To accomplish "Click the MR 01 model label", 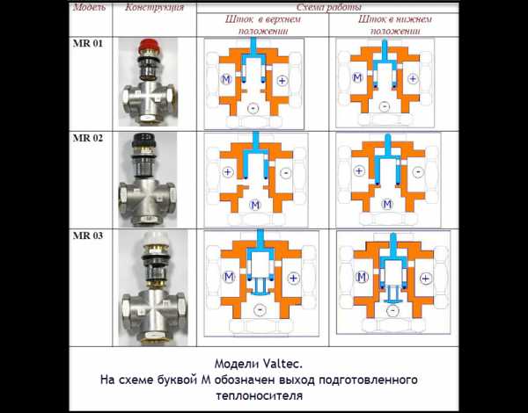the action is [x=87, y=44].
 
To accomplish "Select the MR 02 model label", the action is [x=87, y=138].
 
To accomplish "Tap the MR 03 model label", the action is [x=87, y=235].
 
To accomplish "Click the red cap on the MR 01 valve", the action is [x=147, y=46].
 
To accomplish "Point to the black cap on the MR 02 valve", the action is [x=143, y=140].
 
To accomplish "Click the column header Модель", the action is [x=89, y=7].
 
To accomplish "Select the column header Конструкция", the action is [x=155, y=7].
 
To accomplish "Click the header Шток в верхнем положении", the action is [x=262, y=25].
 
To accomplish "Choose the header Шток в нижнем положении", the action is [x=395, y=25].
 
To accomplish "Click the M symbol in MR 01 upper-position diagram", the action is [x=226, y=79].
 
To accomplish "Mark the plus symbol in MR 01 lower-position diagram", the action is [x=413, y=79].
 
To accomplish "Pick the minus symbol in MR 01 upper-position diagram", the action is [x=253, y=108].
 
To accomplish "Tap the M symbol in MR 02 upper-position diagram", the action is [x=255, y=205].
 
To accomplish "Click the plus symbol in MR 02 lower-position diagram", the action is [x=359, y=170].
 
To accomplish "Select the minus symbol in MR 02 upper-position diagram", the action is [x=285, y=173].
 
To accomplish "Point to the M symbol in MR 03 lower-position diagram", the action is [x=362, y=277].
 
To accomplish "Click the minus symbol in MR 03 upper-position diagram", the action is [x=260, y=309].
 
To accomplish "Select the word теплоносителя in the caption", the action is [x=260, y=395].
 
